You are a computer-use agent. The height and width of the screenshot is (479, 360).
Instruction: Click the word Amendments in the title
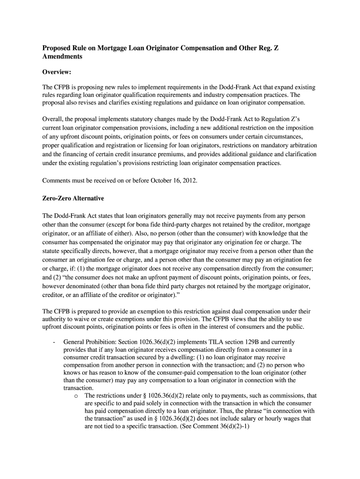tap(63, 56)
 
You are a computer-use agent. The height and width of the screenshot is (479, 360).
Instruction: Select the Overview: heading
tap(57, 72)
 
